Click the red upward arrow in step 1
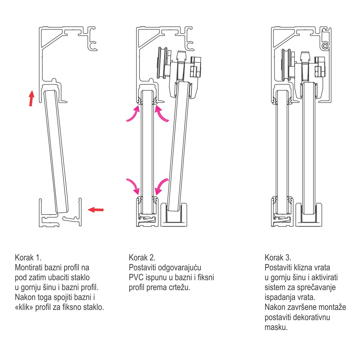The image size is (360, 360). coord(31,98)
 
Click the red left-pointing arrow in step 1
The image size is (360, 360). coord(96,210)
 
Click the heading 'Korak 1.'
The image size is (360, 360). coord(28,257)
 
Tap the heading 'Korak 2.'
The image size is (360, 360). coord(142,257)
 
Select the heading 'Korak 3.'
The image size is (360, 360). coord(278,257)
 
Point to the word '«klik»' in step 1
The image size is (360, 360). coord(24,307)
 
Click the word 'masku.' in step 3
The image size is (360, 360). coord(276,327)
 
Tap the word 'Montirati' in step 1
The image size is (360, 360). coord(30,267)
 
